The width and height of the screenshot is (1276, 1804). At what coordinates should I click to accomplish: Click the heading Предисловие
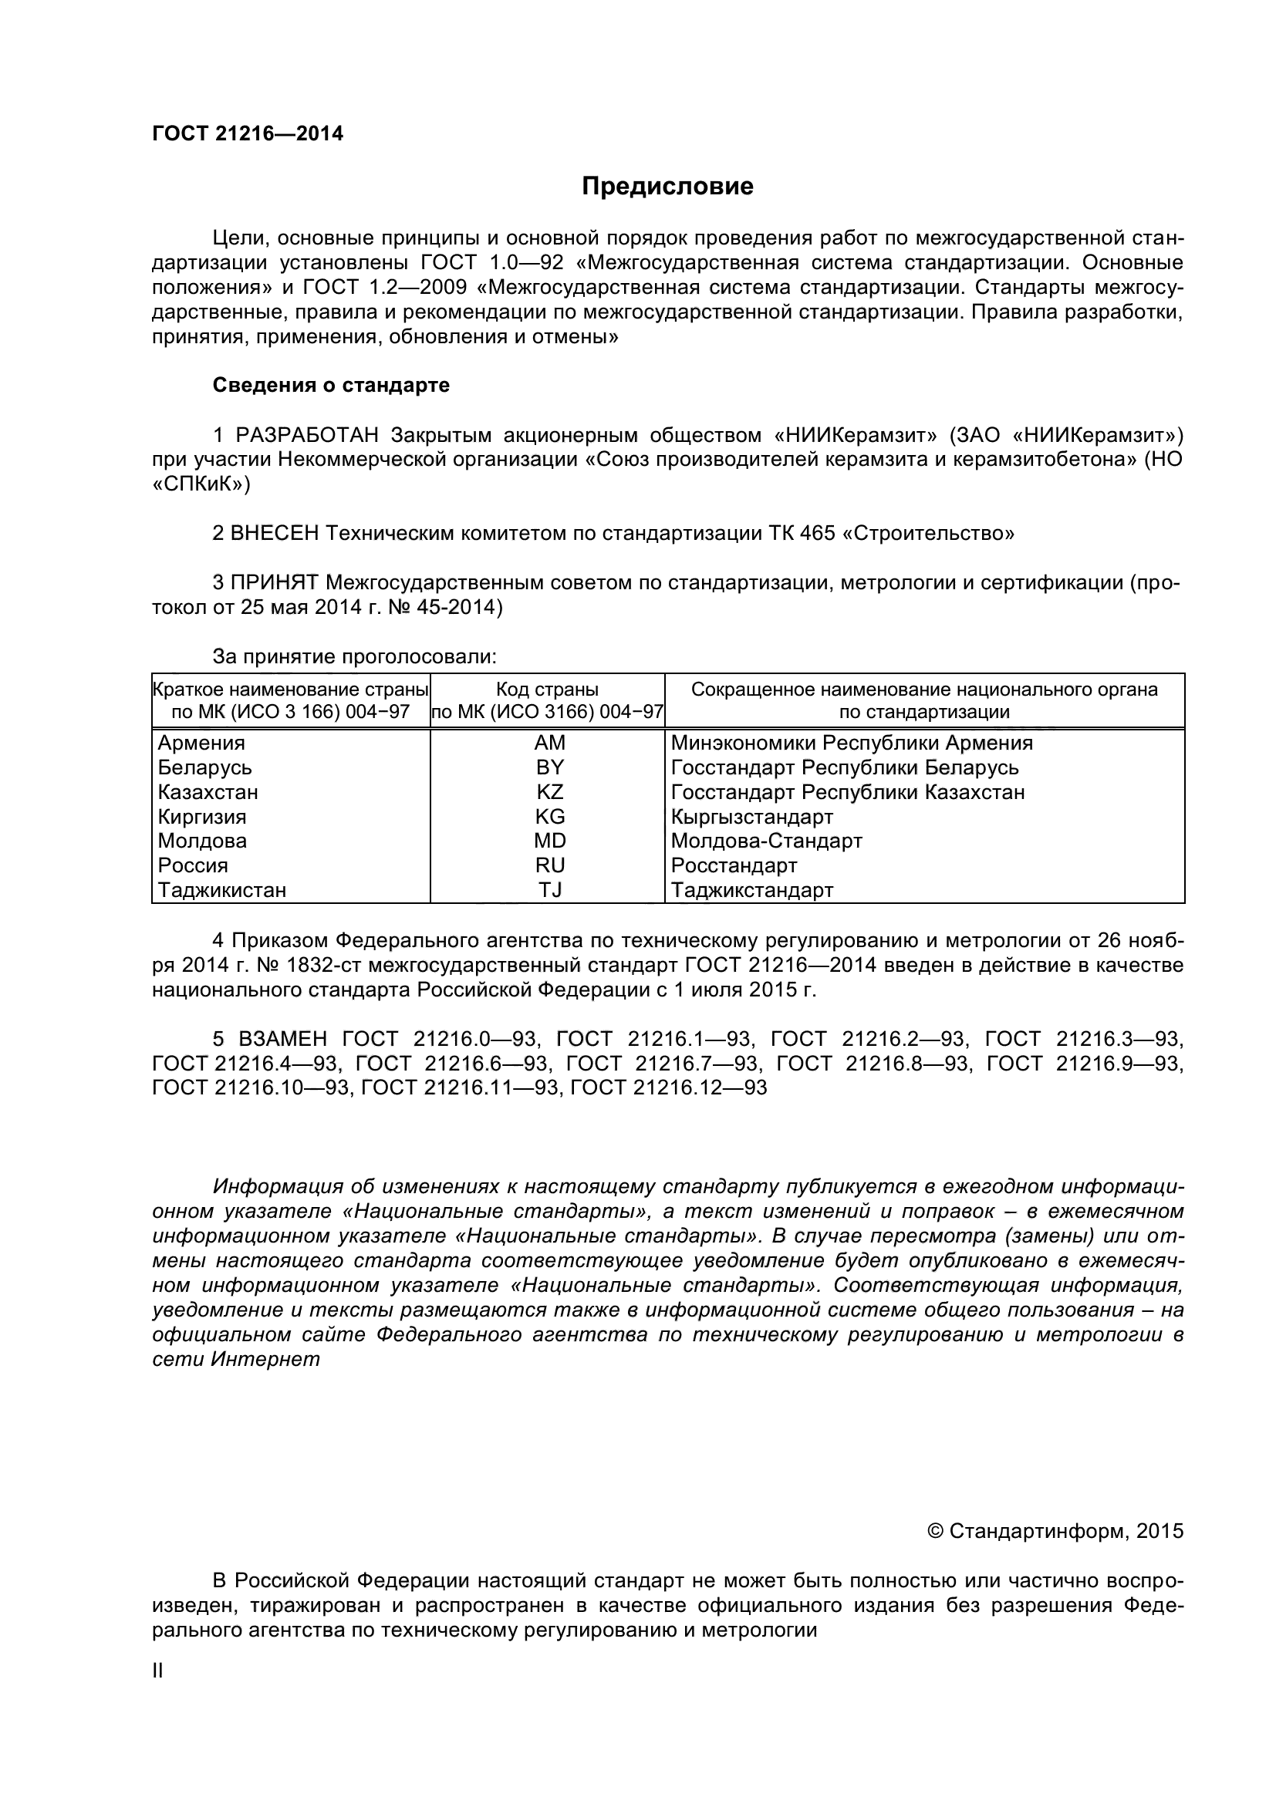point(667,186)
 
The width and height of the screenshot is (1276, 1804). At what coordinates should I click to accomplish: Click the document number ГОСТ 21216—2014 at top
point(248,133)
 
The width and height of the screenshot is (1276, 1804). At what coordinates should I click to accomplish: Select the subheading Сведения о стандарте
point(331,385)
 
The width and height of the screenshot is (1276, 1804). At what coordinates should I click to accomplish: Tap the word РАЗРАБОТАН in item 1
point(307,434)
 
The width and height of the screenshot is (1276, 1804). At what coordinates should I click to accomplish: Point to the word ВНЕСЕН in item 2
point(275,534)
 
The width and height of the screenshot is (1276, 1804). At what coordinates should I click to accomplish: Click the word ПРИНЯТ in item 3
point(274,582)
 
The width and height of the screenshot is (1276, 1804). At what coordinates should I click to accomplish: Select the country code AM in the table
point(549,743)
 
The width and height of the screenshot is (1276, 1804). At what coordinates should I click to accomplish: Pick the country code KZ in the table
point(549,791)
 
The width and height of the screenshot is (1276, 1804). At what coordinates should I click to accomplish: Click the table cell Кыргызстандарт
point(752,816)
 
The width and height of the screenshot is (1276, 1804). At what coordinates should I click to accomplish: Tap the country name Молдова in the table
point(202,841)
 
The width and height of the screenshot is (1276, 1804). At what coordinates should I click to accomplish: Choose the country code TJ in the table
point(549,890)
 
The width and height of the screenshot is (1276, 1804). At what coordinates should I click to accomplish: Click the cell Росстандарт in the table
point(734,865)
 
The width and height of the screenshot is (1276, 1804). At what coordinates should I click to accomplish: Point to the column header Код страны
point(547,689)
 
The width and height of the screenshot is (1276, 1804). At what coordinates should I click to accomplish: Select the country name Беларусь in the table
point(204,767)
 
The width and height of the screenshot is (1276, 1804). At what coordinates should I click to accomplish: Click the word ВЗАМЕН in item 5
point(282,1039)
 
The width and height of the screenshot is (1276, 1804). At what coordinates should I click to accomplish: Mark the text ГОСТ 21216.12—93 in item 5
point(668,1087)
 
